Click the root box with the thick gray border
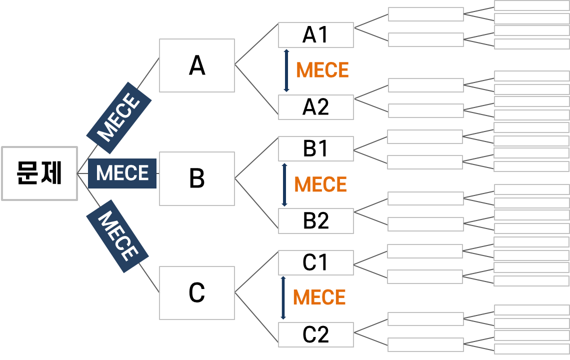[39, 173]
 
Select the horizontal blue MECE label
[122, 173]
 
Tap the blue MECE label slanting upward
[119, 118]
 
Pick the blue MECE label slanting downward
[117, 236]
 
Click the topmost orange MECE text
[322, 70]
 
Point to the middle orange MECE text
[320, 185]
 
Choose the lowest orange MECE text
[319, 298]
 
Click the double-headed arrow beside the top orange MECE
[286, 70]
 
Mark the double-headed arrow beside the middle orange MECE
[284, 185]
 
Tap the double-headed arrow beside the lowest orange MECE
[283, 298]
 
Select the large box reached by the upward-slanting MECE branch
[197, 65]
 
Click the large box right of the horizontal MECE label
[197, 178]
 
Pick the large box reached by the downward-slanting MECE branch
[197, 293]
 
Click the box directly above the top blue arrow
[316, 35]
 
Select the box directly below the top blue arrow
[316, 107]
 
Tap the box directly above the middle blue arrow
[316, 148]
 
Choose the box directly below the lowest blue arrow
[316, 334]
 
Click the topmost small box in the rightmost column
[531, 5]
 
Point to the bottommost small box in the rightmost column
[531, 349]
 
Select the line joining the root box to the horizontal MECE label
[83, 173]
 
